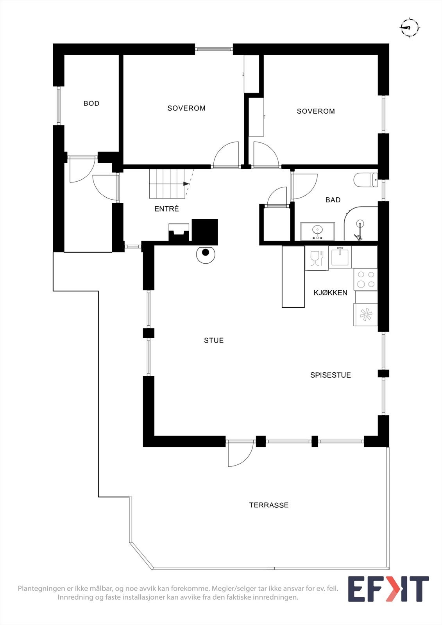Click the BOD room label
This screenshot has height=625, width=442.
[x=91, y=104]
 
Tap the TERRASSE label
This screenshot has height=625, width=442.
[x=269, y=505]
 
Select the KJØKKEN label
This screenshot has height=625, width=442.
[x=330, y=293]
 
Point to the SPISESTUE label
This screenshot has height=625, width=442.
[x=330, y=375]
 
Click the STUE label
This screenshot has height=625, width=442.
[x=214, y=341]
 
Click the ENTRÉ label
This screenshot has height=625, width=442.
[x=166, y=209]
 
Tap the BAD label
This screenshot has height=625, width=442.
[x=333, y=200]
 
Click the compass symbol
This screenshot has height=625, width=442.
[x=409, y=27]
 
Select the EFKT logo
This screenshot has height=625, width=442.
[x=388, y=589]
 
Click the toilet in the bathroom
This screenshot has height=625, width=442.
[x=365, y=180]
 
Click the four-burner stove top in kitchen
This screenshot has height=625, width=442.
[x=366, y=279]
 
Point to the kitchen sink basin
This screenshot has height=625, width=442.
[x=340, y=256]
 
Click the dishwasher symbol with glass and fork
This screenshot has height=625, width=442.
[x=317, y=258]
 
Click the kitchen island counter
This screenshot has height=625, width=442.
[x=293, y=276]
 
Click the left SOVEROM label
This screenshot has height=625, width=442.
[x=186, y=108]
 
